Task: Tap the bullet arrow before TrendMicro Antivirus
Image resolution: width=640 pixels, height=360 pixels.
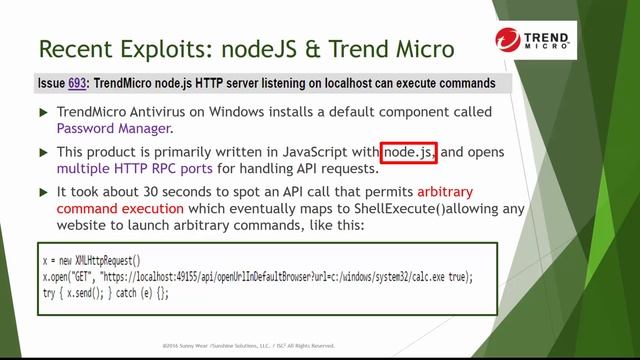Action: [42, 111]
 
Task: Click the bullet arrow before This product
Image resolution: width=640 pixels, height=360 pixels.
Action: [42, 152]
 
